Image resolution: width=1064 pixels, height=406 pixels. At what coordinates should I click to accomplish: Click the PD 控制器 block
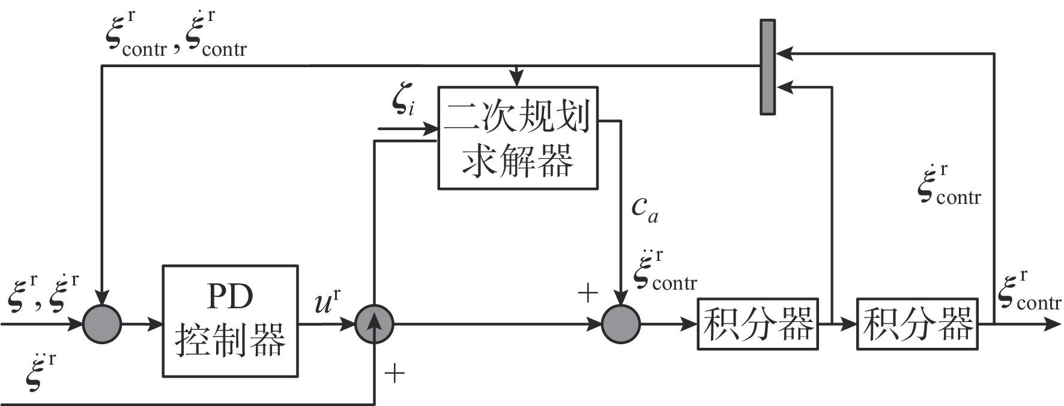(230, 321)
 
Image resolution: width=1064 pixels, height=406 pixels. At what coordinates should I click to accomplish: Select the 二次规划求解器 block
(518, 138)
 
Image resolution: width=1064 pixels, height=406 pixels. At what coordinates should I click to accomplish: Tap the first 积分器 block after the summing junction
(758, 324)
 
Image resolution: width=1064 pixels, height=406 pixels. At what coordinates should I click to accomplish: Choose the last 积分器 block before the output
(917, 324)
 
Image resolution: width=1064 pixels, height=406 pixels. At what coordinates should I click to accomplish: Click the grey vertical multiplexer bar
(767, 67)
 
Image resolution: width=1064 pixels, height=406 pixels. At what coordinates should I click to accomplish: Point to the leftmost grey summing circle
(102, 324)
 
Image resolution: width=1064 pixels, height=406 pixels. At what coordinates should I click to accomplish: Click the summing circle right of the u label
(374, 324)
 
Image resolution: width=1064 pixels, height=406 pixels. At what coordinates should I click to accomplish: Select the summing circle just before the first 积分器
(621, 324)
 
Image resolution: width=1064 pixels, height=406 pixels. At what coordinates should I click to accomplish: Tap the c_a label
(644, 208)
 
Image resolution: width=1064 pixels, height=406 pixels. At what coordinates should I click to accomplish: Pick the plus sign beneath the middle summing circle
(394, 374)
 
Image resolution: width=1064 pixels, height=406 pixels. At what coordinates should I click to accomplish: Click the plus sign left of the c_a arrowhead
(587, 293)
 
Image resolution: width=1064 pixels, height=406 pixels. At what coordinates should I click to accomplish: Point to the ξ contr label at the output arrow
(1027, 292)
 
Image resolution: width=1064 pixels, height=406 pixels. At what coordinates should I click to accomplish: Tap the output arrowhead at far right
(1053, 324)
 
